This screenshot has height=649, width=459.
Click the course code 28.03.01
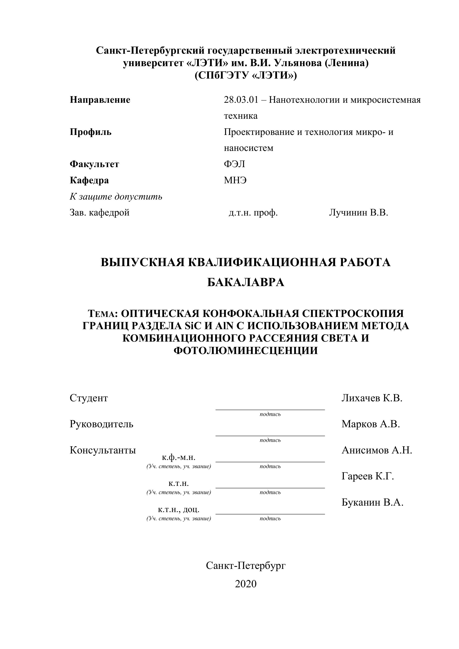pos(241,100)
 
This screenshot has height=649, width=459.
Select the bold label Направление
pos(100,100)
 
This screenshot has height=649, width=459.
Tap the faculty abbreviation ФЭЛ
pos(234,164)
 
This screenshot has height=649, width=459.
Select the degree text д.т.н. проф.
pos(253,213)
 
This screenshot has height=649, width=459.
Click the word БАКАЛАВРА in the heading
pos(246,282)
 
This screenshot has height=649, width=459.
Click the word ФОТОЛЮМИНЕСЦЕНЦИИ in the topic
pos(246,350)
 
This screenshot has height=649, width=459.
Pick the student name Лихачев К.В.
pos(372,398)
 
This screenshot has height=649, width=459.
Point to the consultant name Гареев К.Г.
pos(367,476)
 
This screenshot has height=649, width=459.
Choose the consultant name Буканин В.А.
pos(372,502)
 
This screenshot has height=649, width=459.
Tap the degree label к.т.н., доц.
pos(179,509)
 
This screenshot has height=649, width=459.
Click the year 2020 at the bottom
pos(246,584)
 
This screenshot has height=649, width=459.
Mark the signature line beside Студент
pos(270,410)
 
